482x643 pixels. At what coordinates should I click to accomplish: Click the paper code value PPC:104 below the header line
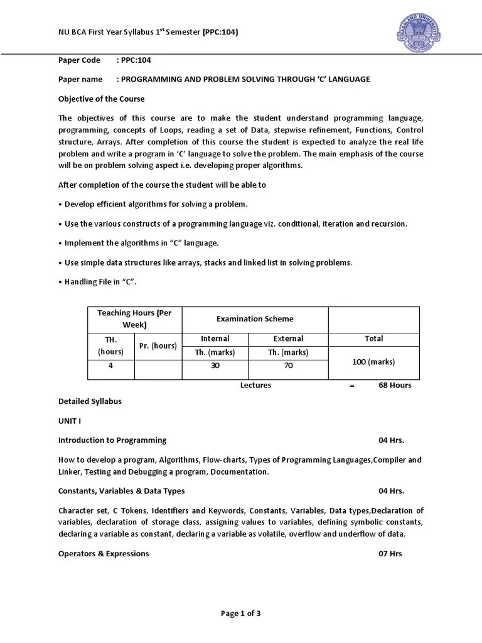click(x=136, y=60)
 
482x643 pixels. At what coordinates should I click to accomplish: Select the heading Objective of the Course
click(x=101, y=99)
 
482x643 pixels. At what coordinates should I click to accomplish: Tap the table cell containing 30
click(x=215, y=365)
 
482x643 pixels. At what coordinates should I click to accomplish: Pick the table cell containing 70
click(x=289, y=365)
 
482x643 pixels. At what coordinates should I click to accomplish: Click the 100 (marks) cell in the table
click(x=373, y=362)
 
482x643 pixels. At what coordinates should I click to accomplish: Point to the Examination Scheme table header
click(x=255, y=319)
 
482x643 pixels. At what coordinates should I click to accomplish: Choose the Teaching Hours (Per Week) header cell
click(x=134, y=319)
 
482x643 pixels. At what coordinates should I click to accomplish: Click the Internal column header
click(x=215, y=338)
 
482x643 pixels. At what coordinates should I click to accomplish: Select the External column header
click(x=289, y=338)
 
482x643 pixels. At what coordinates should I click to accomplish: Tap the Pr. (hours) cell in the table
click(x=158, y=346)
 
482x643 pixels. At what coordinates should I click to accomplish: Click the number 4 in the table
click(x=110, y=365)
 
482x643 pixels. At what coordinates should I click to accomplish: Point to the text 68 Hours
click(x=395, y=385)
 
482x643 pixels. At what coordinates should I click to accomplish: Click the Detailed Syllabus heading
click(x=90, y=401)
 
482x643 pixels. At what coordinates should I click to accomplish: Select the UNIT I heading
click(x=71, y=420)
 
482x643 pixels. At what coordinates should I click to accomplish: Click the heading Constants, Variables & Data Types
click(x=121, y=490)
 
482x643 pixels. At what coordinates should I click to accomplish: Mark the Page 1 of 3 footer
click(x=240, y=613)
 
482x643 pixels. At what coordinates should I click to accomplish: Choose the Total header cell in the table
click(x=373, y=338)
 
